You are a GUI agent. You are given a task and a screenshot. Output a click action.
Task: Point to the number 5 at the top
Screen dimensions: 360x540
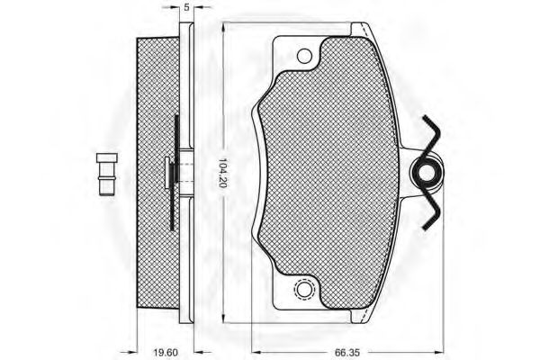click(184, 8)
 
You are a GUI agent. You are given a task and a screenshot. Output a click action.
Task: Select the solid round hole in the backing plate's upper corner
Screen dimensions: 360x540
click(304, 57)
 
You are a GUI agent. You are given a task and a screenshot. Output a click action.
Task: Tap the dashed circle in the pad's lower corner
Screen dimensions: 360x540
click(303, 290)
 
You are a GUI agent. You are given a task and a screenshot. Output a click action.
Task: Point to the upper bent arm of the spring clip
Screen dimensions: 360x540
click(431, 135)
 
